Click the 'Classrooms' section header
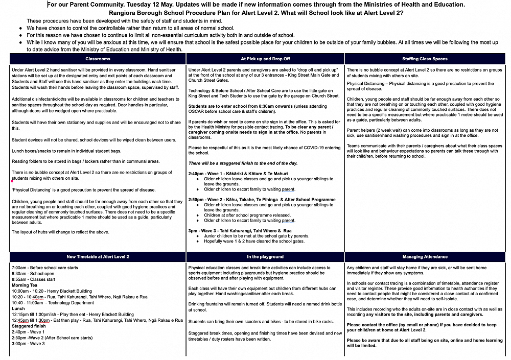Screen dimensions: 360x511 coord(98,59)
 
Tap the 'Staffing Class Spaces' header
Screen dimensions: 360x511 coord(425,59)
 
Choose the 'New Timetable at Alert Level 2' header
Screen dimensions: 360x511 coord(98,256)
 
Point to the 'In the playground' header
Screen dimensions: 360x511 coord(265,256)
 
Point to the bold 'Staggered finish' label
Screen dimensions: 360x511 coord(29,326)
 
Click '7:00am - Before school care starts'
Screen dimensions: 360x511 coord(44,268)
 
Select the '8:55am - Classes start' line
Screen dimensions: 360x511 coord(33,279)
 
